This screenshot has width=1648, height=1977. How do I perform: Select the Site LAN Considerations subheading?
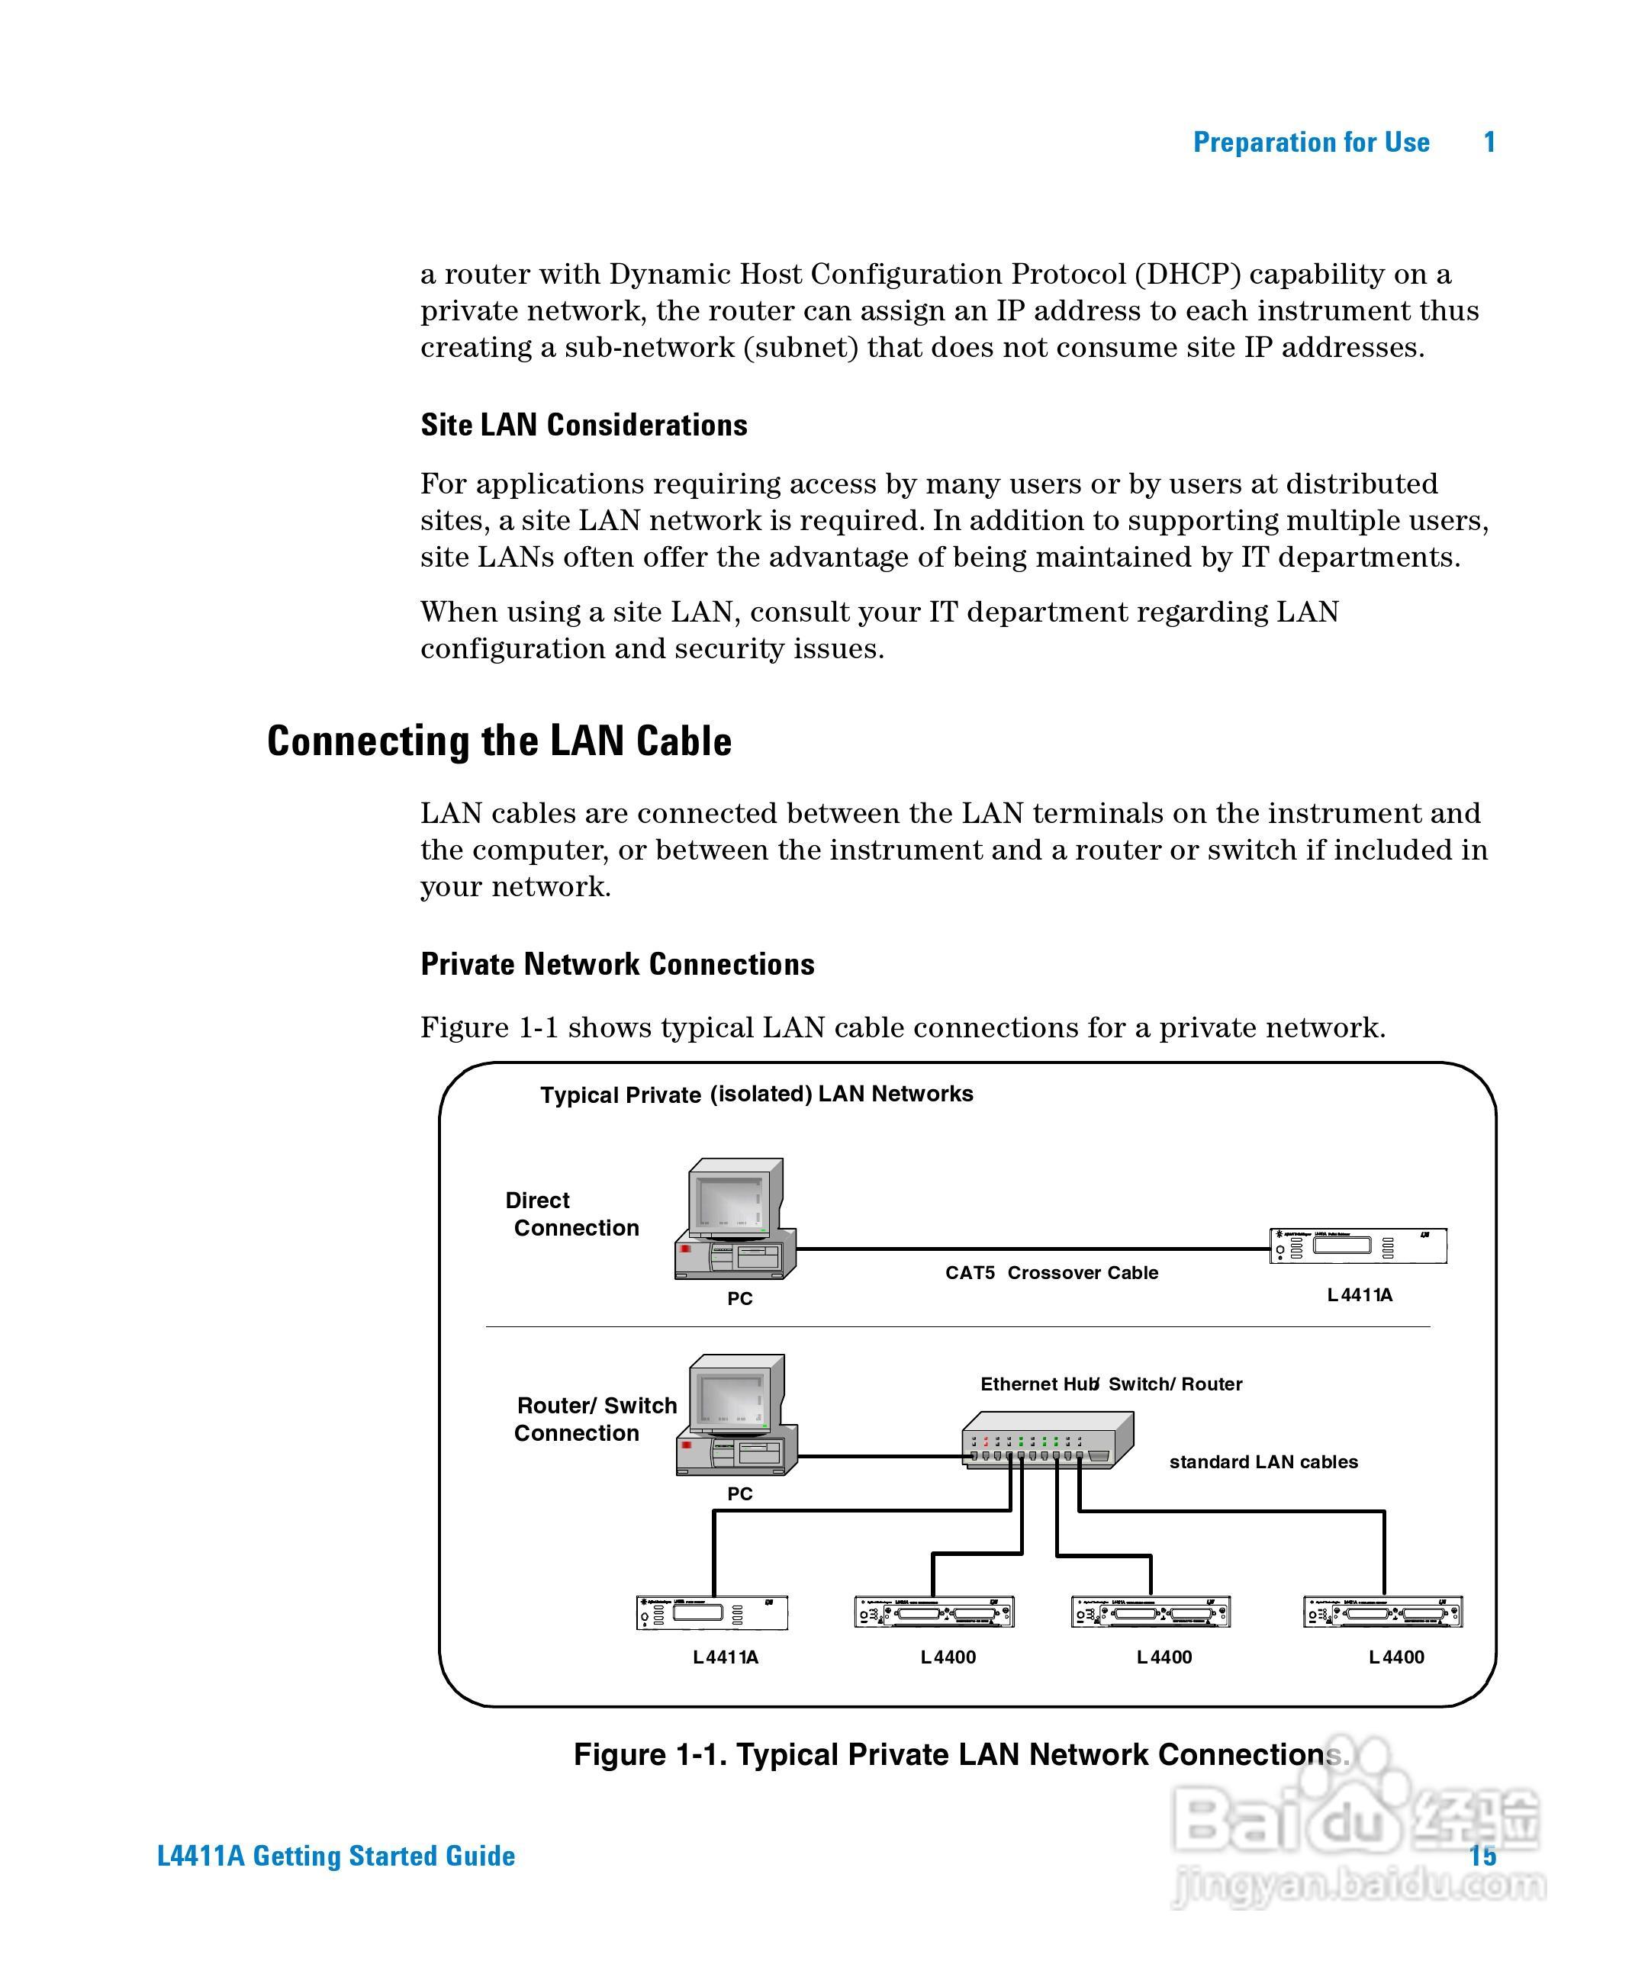pyautogui.click(x=584, y=426)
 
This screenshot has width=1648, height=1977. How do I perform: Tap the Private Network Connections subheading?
pyautogui.click(x=616, y=965)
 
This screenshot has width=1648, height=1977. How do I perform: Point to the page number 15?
pyautogui.click(x=1482, y=1856)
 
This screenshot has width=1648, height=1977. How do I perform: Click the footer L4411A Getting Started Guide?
pyautogui.click(x=336, y=1856)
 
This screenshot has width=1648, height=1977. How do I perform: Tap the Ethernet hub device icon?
pyautogui.click(x=1048, y=1439)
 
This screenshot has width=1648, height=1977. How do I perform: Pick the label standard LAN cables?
pyautogui.click(x=1263, y=1462)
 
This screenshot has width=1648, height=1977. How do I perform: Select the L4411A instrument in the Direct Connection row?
pyautogui.click(x=1357, y=1246)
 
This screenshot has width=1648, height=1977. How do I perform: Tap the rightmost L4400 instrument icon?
pyautogui.click(x=1382, y=1612)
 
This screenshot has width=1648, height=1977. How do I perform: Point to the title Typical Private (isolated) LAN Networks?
pyautogui.click(x=756, y=1095)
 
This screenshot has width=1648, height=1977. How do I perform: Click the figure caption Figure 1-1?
pyautogui.click(x=961, y=1755)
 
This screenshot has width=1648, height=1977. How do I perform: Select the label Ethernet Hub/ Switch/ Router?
pyautogui.click(x=1110, y=1384)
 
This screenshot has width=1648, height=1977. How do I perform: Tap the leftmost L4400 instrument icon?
pyautogui.click(x=933, y=1612)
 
